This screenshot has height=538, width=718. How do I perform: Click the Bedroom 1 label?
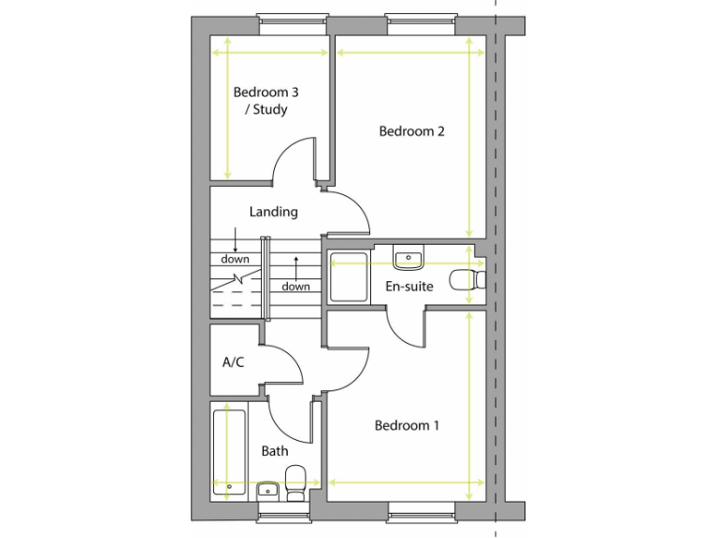[x=407, y=426]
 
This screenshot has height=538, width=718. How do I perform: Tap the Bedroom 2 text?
[x=410, y=131]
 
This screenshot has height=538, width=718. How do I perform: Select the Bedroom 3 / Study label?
[x=266, y=101]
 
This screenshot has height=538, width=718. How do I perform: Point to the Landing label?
[x=273, y=212]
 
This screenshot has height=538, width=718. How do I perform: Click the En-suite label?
[x=409, y=286]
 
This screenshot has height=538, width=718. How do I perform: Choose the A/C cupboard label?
[x=233, y=361]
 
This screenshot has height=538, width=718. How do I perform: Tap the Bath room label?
[x=275, y=451]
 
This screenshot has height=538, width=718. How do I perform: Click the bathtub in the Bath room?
[x=228, y=448]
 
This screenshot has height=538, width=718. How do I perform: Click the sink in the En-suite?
[x=409, y=257]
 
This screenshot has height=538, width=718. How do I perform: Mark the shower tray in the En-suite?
[x=349, y=277]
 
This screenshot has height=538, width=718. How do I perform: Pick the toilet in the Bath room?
[x=295, y=481]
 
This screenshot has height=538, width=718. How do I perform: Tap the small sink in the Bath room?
[x=266, y=490]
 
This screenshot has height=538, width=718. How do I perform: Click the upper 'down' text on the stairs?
[x=235, y=259]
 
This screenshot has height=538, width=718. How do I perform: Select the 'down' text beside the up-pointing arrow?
[x=295, y=287]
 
